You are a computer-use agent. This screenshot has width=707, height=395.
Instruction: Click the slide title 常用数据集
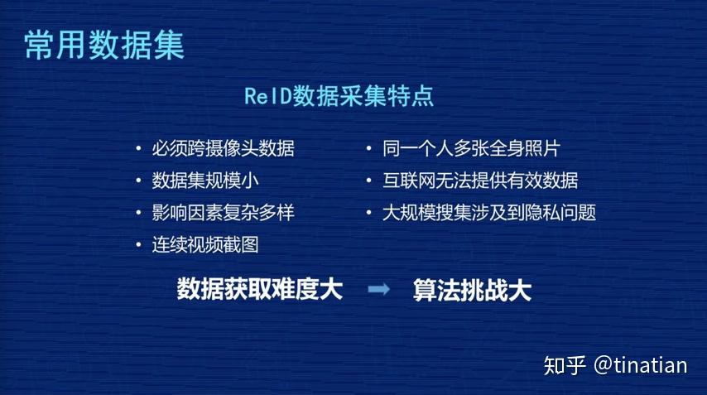(x=104, y=45)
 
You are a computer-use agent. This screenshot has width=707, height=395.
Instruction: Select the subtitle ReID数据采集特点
(x=339, y=96)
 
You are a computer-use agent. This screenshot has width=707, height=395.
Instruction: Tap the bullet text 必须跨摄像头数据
(x=223, y=149)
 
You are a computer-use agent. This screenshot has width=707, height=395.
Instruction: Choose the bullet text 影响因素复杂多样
(x=223, y=212)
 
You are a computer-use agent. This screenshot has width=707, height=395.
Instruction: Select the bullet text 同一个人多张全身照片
(x=471, y=149)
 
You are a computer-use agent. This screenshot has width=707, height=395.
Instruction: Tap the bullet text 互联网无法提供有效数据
(x=480, y=181)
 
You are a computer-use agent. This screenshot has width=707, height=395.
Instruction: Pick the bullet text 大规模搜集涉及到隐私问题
(x=488, y=212)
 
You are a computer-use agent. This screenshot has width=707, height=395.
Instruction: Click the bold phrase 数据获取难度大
(x=260, y=289)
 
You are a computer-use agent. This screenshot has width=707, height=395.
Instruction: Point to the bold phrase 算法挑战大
(x=472, y=290)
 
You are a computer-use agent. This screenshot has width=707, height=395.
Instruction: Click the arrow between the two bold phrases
(x=378, y=289)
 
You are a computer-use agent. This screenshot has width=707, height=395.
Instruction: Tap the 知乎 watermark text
(x=565, y=365)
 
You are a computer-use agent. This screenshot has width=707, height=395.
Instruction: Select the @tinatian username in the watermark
(x=641, y=365)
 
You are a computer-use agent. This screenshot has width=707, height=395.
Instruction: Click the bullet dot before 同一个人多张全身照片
(x=369, y=150)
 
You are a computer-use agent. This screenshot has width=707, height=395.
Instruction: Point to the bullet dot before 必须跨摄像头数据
(x=138, y=150)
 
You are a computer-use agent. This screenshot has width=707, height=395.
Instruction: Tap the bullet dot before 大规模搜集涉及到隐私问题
(x=369, y=213)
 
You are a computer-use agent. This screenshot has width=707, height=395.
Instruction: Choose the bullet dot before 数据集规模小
(x=138, y=181)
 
